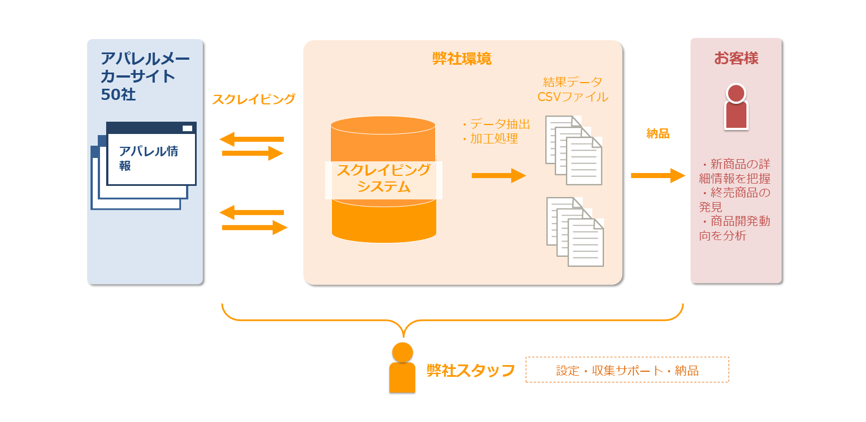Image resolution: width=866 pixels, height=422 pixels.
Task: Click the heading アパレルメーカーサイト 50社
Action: coord(145,76)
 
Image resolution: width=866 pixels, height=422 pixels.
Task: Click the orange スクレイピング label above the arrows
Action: coord(254,99)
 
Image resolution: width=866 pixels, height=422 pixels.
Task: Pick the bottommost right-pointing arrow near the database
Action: coord(255,227)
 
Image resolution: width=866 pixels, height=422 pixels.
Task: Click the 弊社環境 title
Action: coord(462,59)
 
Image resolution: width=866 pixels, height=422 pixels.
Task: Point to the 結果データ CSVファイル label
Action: coord(573,89)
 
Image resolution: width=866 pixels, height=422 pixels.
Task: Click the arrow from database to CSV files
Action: coord(498,176)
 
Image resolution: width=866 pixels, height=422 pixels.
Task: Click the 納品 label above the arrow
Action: coord(658,133)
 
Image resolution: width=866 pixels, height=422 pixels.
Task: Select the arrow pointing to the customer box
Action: coord(658,176)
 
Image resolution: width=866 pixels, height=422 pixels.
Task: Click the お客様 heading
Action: coord(736,58)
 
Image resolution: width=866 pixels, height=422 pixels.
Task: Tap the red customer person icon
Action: coord(736,107)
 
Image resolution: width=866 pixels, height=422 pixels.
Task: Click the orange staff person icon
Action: coord(402,368)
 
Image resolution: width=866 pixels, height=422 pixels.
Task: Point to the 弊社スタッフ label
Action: coord(470,371)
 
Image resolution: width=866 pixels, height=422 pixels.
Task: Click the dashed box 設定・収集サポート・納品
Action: coord(627,370)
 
